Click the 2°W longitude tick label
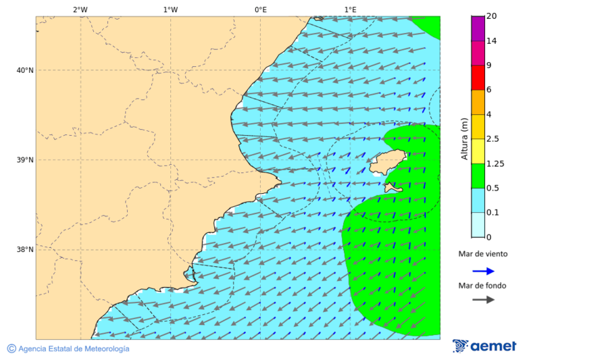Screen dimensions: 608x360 80,9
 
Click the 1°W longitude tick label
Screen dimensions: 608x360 170,9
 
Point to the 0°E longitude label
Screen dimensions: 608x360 260,9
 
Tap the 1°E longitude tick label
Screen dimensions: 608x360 350,9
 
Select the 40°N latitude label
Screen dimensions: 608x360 25,70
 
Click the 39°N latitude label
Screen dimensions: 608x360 25,160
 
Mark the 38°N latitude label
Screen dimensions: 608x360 25,250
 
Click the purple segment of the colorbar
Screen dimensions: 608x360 478,28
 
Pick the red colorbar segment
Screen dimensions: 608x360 478,78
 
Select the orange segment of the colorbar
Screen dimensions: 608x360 478,102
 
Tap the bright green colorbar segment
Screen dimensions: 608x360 478,176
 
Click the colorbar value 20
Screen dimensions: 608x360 492,16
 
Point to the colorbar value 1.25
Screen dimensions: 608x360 495,163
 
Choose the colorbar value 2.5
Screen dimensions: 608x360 492,139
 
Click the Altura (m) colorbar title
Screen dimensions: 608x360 464,139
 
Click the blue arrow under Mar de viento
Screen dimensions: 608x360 483,271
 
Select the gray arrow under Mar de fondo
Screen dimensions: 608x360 483,300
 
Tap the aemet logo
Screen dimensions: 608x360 484,346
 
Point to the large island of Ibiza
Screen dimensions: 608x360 388,162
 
